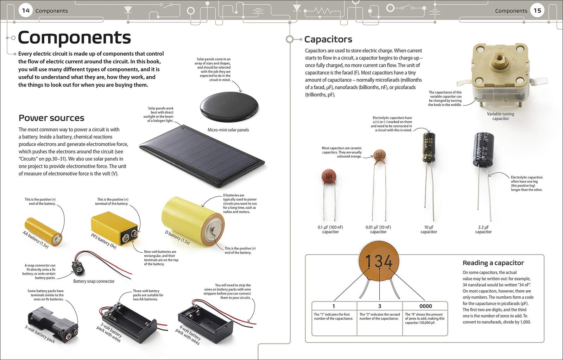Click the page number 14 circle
pos(26,11)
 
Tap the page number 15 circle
pos(537,11)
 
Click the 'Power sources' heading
pos(51,118)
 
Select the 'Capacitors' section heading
pos(328,39)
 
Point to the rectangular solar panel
pos(202,156)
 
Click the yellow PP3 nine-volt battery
pos(115,228)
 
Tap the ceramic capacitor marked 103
pos(379,156)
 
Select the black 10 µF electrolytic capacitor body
pos(429,147)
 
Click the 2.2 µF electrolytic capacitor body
pos(483,150)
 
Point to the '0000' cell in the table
pos(425,306)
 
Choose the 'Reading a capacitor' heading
pos(493,263)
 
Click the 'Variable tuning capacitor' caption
pos(500,116)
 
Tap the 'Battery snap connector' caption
pos(94,281)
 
